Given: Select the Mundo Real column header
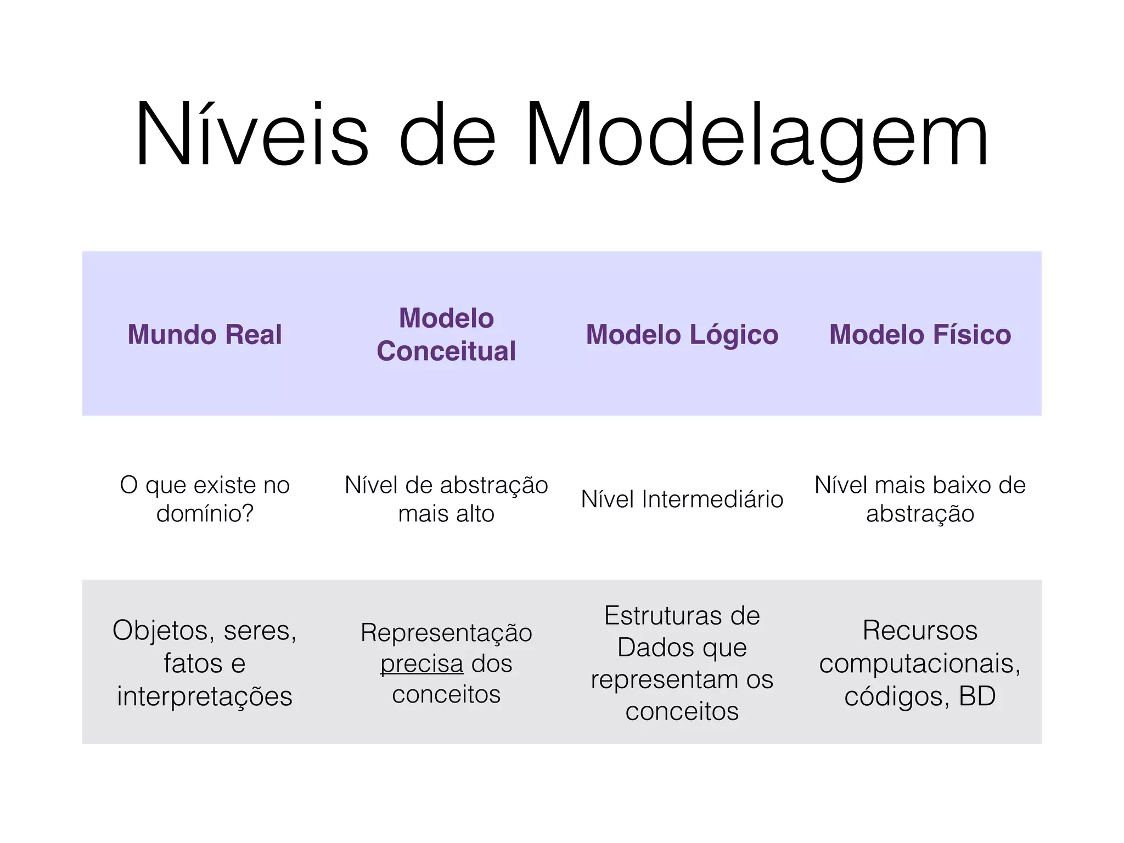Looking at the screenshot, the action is pos(205,334).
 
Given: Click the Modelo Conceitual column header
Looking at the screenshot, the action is pos(446,334).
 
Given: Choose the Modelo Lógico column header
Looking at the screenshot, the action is pos(682,334).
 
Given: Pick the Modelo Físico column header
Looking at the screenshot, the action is pos(920,334).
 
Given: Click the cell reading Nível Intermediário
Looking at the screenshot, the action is pos(682,499).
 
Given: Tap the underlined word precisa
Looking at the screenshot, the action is pos(422,664).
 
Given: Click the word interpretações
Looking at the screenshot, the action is pos(205,696).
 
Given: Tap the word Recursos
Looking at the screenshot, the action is pos(920,630).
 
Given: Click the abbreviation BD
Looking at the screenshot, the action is pos(977,696).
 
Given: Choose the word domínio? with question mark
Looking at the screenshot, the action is pos(205,514).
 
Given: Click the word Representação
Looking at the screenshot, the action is pos(446,632).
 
